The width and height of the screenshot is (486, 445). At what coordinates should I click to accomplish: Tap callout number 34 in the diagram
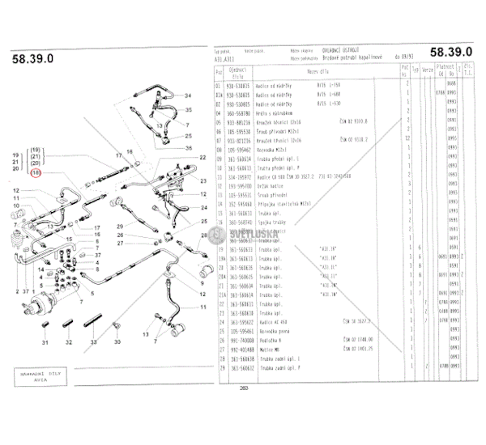(x=190, y=96)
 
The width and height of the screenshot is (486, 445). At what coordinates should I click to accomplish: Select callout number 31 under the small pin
(x=44, y=342)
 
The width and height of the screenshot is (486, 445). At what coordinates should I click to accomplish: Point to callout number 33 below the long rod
(x=94, y=342)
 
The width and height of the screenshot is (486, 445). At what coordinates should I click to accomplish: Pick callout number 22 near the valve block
(x=203, y=156)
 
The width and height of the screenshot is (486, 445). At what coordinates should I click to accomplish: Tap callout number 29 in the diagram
(x=118, y=226)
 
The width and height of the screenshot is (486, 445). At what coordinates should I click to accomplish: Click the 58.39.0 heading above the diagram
(x=33, y=58)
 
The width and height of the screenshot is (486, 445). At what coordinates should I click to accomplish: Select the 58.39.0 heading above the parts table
(x=450, y=50)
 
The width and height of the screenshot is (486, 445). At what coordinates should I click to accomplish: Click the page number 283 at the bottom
(x=243, y=387)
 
